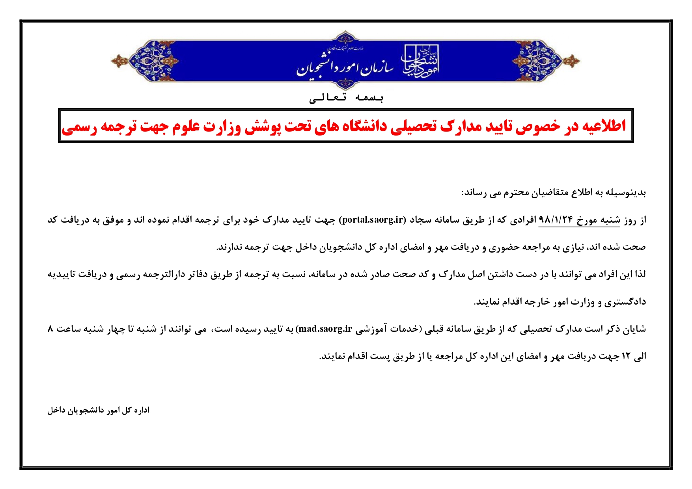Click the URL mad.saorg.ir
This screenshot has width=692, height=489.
click(326, 329)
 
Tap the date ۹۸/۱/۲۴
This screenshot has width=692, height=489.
click(556, 220)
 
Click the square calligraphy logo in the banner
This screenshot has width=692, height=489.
click(420, 61)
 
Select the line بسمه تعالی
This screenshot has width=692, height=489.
click(346, 97)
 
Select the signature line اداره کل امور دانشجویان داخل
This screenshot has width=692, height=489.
click(99, 410)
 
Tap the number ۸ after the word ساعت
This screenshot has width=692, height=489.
click(50, 329)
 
